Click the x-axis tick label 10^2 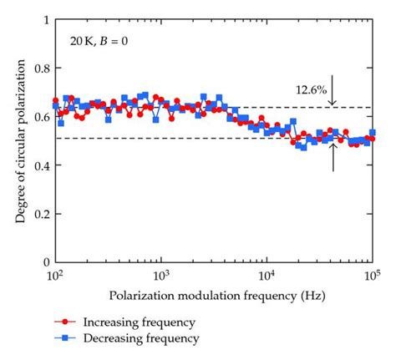(x=54, y=275)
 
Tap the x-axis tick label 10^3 (x=160, y=275)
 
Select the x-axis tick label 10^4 (x=266, y=275)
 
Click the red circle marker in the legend (x=61, y=322)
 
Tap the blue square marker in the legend (x=61, y=338)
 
